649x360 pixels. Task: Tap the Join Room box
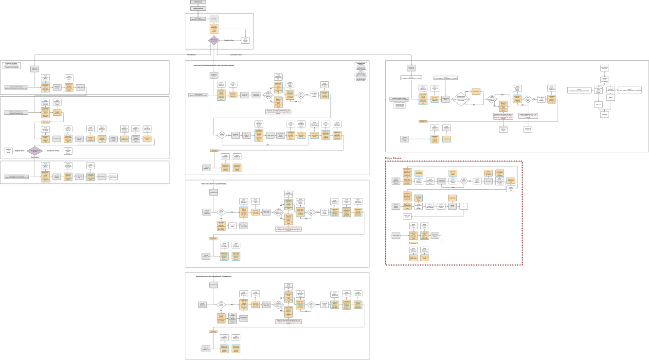214,18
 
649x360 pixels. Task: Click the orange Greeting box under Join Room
214,29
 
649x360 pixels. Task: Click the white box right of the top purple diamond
246,40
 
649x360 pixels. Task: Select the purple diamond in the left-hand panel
35,151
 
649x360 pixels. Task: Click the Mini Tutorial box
604,68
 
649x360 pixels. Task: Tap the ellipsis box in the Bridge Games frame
464,206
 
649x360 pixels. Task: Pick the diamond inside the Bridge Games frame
464,181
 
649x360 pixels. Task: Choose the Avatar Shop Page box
445,99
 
